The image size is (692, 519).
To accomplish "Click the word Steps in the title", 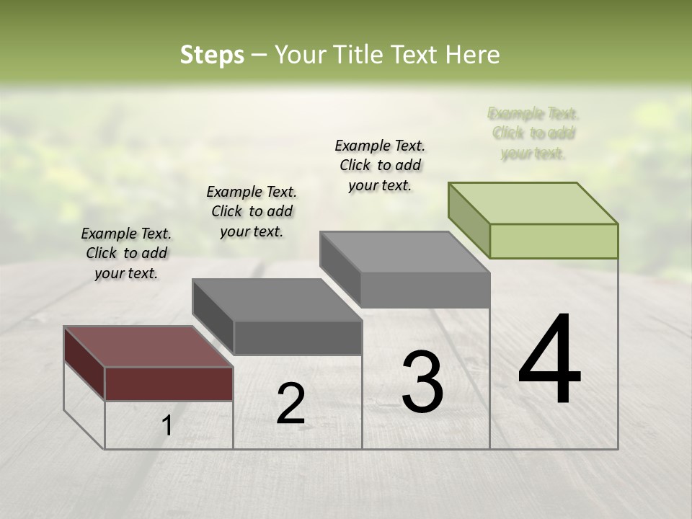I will click(212, 55).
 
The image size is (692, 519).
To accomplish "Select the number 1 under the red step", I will click(167, 426).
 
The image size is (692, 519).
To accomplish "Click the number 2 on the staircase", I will click(290, 404).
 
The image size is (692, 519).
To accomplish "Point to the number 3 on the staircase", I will click(422, 382).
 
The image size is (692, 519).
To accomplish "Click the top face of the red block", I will click(148, 347).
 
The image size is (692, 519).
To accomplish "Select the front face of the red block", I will click(169, 383).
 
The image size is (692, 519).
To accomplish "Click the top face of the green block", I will click(533, 203).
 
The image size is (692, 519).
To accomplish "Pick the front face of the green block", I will click(554, 241).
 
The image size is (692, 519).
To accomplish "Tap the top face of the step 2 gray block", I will click(277, 300).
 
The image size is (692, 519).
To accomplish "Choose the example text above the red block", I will click(126, 254).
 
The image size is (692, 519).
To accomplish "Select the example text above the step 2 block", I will click(252, 211).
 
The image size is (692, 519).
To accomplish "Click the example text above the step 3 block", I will click(380, 165).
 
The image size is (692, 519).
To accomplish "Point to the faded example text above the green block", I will click(533, 133).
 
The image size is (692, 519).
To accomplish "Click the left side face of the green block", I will click(469, 220).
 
